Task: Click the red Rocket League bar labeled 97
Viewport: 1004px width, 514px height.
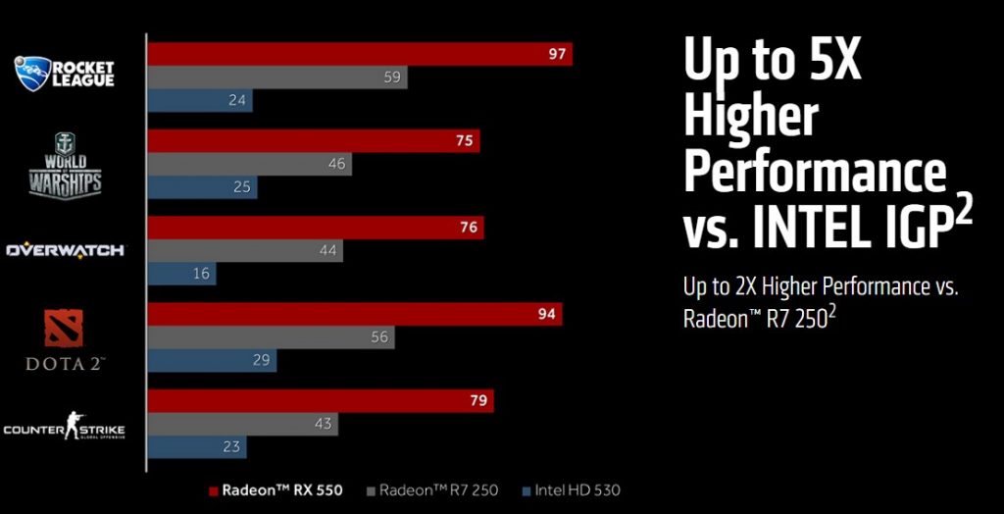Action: pyautogui.click(x=359, y=54)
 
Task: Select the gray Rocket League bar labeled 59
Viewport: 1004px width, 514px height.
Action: pyautogui.click(x=277, y=77)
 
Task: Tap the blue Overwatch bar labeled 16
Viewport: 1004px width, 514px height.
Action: pyautogui.click(x=181, y=274)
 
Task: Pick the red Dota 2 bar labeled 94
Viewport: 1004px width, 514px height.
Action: pyautogui.click(x=354, y=314)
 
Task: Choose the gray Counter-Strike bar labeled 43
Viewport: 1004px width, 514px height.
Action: pyautogui.click(x=242, y=425)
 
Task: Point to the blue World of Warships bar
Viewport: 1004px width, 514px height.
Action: pyautogui.click(x=202, y=187)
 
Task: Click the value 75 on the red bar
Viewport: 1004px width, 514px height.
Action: pyautogui.click(x=465, y=141)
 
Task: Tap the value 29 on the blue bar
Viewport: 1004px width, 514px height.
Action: pyautogui.click(x=262, y=361)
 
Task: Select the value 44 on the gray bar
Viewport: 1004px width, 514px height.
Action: pyautogui.click(x=328, y=251)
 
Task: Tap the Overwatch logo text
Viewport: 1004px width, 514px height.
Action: pyautogui.click(x=66, y=250)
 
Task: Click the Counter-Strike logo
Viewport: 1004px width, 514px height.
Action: pyautogui.click(x=65, y=428)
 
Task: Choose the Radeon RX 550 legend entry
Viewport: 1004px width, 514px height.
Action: pyautogui.click(x=276, y=490)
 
